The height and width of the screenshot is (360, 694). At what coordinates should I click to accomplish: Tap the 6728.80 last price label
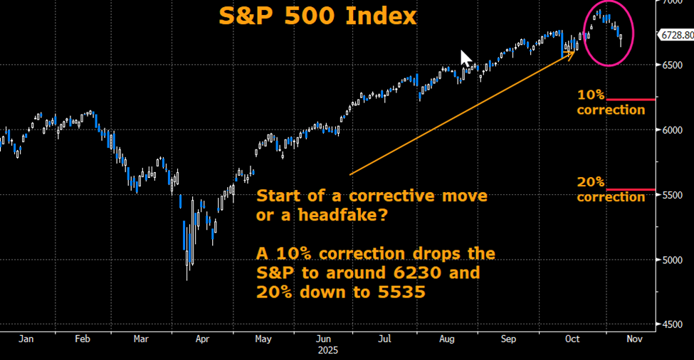click(675, 34)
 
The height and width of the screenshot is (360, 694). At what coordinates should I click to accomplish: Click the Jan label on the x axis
click(26, 339)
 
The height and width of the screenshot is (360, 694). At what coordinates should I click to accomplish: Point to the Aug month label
click(447, 339)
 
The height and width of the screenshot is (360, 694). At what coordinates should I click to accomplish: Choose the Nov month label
click(634, 339)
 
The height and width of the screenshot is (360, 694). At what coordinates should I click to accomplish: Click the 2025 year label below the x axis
click(327, 350)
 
